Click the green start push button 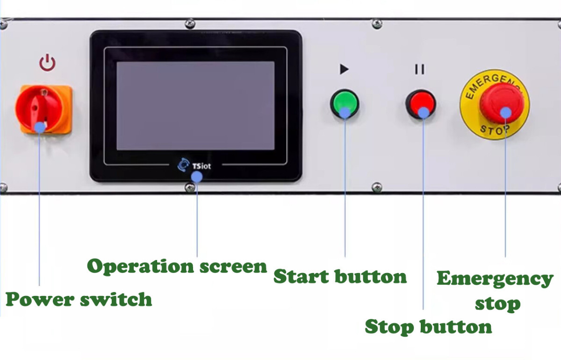[x=345, y=103]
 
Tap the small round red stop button [x=421, y=104]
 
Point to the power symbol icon [x=47, y=63]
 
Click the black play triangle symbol [x=344, y=69]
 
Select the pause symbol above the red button [x=420, y=69]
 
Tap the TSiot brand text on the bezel [x=201, y=166]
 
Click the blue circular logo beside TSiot [x=183, y=165]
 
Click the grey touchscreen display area [x=195, y=106]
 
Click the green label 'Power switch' [x=79, y=300]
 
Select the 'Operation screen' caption [x=177, y=266]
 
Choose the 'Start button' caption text [x=340, y=277]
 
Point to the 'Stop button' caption [x=428, y=327]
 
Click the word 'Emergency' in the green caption [x=495, y=279]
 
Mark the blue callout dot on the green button [x=345, y=113]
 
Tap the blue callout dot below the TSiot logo [x=197, y=177]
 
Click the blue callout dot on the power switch [x=40, y=128]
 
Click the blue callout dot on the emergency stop [x=506, y=113]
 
